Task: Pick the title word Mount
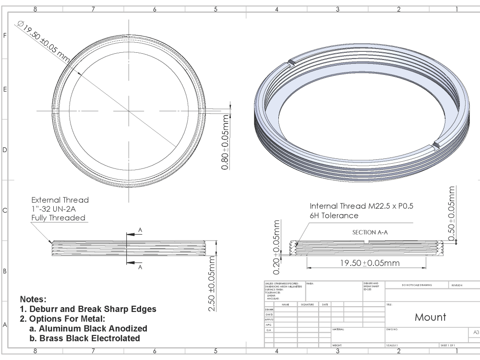430,317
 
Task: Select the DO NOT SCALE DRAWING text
416,285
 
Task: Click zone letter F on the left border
5,36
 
